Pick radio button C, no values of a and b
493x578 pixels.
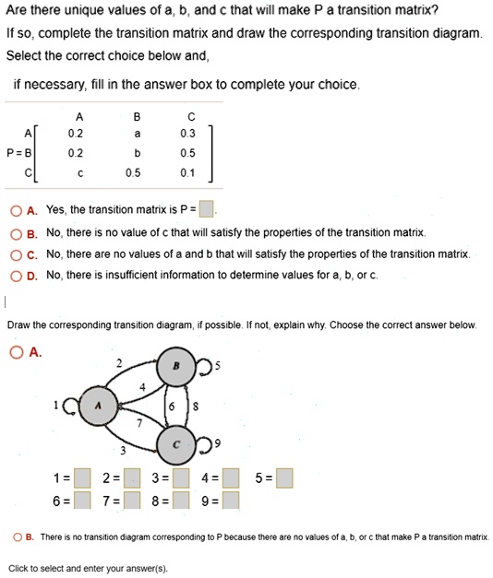(x=14, y=254)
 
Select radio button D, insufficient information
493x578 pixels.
(x=14, y=275)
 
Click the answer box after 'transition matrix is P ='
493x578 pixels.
(x=208, y=207)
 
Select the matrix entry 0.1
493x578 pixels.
(x=189, y=172)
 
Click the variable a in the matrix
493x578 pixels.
(x=137, y=133)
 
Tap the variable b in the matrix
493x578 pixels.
(x=137, y=152)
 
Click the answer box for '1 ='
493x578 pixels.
(x=83, y=478)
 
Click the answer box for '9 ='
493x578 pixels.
(x=232, y=501)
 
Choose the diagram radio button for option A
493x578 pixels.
(x=14, y=351)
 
